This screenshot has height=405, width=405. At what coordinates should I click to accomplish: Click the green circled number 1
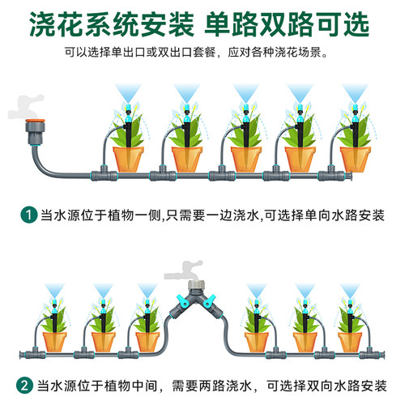point(29,215)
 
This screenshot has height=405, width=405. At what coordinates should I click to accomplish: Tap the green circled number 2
point(24,386)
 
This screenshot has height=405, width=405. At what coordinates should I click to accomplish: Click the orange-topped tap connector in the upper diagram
point(35,131)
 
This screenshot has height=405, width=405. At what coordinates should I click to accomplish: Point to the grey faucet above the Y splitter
point(184,271)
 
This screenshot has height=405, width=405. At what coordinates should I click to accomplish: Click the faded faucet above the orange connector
point(26,107)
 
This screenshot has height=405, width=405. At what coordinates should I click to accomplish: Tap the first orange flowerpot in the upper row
point(128,160)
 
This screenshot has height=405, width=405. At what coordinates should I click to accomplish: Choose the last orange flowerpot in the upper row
point(356,160)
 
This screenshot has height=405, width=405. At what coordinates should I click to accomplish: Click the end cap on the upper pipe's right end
point(349,176)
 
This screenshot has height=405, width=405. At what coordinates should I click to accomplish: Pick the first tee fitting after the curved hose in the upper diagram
point(104,173)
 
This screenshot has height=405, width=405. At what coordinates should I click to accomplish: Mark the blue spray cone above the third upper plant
point(245,93)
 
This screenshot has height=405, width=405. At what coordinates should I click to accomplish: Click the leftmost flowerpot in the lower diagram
point(55,342)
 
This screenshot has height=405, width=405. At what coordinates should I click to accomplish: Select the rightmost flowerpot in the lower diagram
point(350,342)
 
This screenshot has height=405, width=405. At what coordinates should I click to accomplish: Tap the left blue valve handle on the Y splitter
point(181,301)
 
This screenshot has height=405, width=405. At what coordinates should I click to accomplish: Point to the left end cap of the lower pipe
point(22,355)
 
